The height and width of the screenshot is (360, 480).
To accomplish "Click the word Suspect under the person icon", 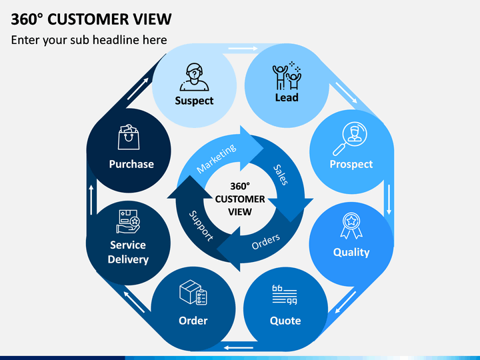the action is pyautogui.click(x=194, y=101).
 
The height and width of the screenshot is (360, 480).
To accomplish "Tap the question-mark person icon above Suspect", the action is pyautogui.click(x=194, y=77).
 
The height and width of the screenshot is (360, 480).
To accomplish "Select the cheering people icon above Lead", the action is pyautogui.click(x=287, y=75).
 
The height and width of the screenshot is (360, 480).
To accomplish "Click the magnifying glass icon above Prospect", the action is pyautogui.click(x=350, y=139).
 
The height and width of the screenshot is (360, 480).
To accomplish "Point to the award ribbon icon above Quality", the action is pyautogui.click(x=351, y=226).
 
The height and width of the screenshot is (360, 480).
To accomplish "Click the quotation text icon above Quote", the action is pyautogui.click(x=285, y=295).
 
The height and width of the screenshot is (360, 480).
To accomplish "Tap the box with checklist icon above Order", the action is pyautogui.click(x=193, y=293).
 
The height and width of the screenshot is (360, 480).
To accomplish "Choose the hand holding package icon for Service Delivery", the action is pyautogui.click(x=128, y=221).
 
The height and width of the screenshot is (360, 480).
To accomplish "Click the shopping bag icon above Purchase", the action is pyautogui.click(x=129, y=137).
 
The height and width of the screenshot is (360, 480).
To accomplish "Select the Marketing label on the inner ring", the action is pyautogui.click(x=217, y=159).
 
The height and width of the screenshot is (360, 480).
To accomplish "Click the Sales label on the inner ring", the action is pyautogui.click(x=281, y=175).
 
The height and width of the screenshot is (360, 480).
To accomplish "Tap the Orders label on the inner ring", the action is pyautogui.click(x=266, y=241).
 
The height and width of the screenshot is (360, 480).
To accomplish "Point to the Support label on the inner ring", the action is pyautogui.click(x=201, y=226).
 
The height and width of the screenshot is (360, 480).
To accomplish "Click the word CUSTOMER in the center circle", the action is pyautogui.click(x=240, y=199).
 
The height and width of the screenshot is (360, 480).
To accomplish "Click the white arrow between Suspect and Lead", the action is pyautogui.click(x=243, y=49).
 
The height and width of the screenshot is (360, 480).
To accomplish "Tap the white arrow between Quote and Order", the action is pyautogui.click(x=239, y=348).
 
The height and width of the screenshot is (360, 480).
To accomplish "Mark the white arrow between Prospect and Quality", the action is pyautogui.click(x=389, y=199).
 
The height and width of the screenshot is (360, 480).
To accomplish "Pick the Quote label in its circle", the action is pyautogui.click(x=285, y=321).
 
